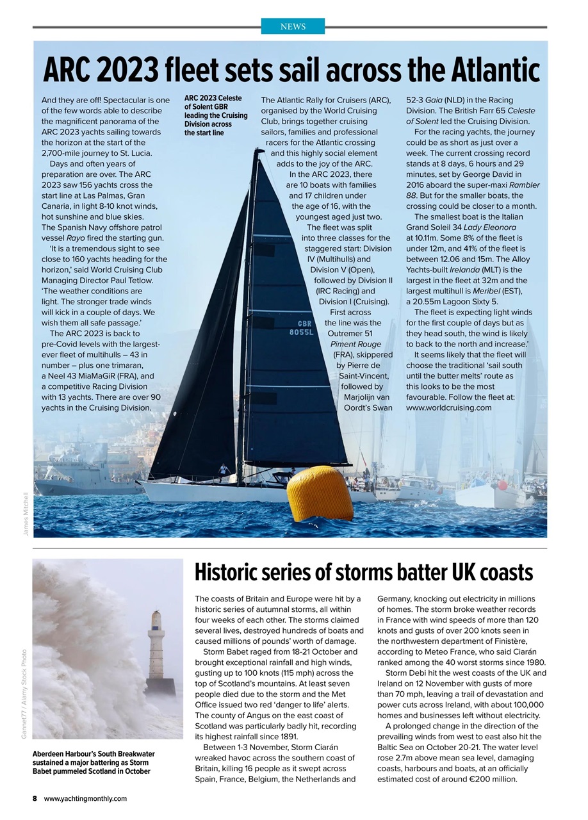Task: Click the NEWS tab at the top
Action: (293, 26)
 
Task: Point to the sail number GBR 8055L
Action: (301, 328)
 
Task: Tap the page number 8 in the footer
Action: (35, 798)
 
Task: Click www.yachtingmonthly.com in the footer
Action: (85, 798)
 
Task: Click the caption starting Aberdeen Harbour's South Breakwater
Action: (94, 762)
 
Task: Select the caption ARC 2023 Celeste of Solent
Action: (215, 115)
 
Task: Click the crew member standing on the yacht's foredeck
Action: (223, 471)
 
